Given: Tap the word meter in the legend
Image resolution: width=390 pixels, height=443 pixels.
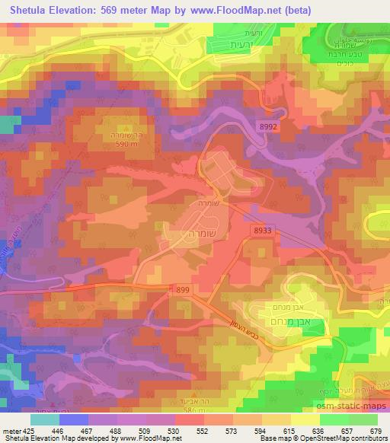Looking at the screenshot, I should (11, 429).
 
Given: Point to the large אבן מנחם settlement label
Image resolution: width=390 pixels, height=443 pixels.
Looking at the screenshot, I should (289, 320).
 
